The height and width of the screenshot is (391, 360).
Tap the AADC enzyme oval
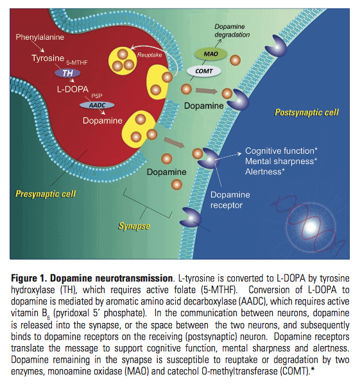pos(97,104)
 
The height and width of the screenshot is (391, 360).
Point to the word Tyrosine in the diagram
pos(47,58)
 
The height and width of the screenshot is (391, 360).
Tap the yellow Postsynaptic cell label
pos(306,113)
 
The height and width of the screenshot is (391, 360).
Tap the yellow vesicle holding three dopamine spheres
pos(120,61)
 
